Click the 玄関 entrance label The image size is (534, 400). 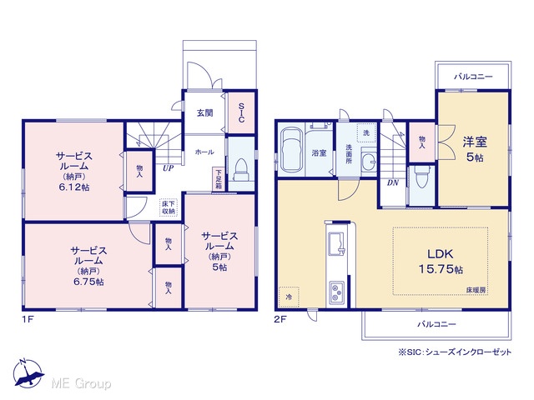[x=204, y=112]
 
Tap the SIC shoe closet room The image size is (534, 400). [x=241, y=113]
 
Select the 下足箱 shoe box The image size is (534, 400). [x=219, y=179]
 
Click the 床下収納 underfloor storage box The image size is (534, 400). [x=169, y=207]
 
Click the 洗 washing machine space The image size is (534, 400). [x=365, y=132]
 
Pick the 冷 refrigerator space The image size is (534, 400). [x=289, y=297]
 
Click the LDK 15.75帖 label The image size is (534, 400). [x=441, y=261]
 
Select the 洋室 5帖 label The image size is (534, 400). [x=475, y=148]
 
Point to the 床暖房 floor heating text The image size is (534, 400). [x=476, y=290]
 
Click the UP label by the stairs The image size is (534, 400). [x=168, y=167]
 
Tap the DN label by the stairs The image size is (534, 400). [x=393, y=182]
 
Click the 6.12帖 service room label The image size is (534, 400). [x=74, y=187]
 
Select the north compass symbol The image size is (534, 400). [x=28, y=373]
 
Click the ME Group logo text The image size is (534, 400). [x=81, y=383]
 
